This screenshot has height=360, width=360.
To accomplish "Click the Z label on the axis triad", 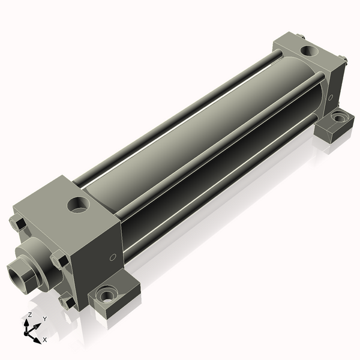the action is click(29, 314).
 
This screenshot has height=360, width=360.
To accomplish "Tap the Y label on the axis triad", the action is click(45, 319).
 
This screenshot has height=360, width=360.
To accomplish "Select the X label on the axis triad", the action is click(45, 340).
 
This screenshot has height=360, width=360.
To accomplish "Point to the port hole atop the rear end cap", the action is click(309, 51).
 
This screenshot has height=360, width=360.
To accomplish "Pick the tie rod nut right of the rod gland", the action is click(60, 260).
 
